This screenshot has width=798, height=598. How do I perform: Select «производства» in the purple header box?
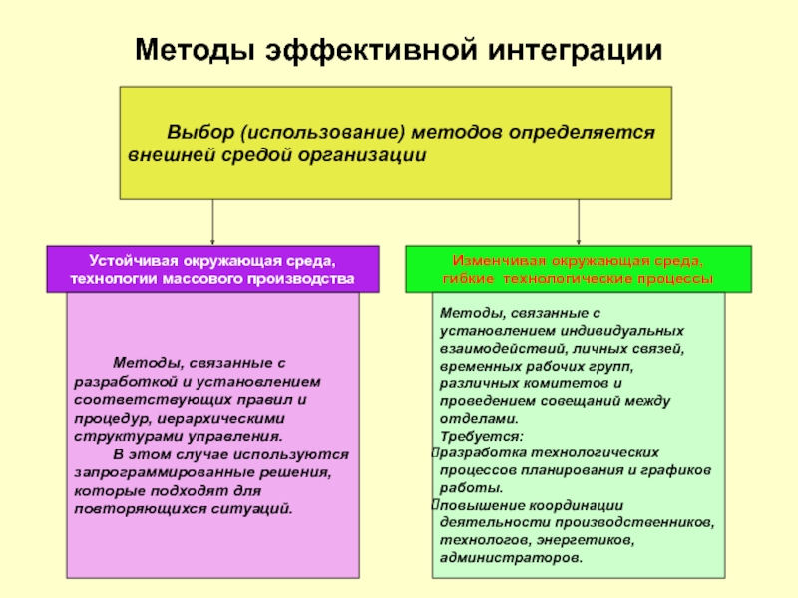306,279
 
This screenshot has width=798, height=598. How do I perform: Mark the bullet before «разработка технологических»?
435,453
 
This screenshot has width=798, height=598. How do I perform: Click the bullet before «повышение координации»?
435,505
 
